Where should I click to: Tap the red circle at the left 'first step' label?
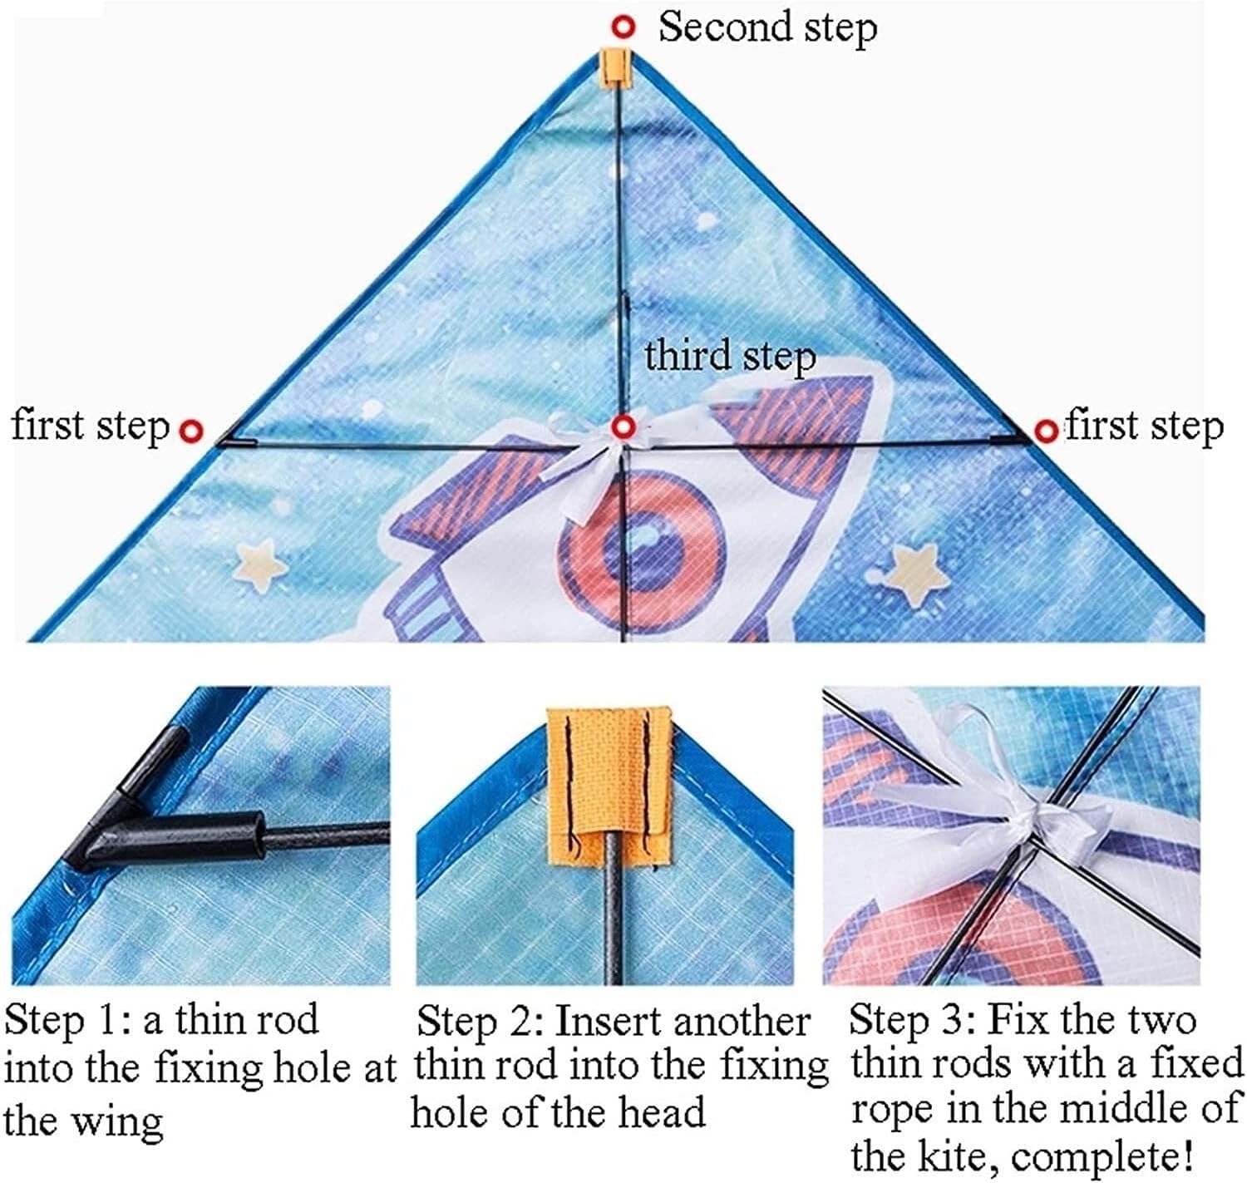193,431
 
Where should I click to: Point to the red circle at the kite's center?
623,428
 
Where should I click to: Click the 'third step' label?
730,356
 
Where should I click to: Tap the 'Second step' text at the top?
767,27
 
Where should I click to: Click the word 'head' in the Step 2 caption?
665,1112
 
